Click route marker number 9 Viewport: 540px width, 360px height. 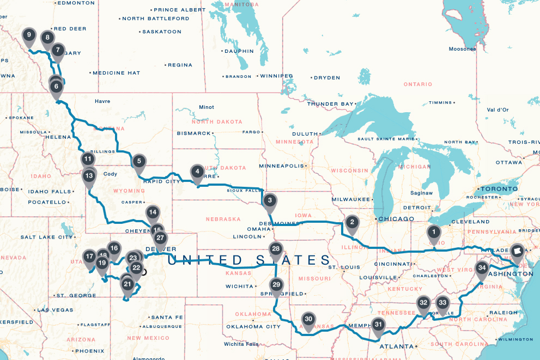pos(29,37)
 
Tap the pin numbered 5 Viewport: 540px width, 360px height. pos(139,161)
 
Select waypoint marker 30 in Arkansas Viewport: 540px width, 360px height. pos(308,320)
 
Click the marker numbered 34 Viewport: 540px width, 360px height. pos(481,269)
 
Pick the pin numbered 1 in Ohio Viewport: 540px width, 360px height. pos(434,233)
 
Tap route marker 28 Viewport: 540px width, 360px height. pos(276,249)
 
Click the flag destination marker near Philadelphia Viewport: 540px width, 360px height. pos(517,251)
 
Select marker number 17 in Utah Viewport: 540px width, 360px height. pos(90,257)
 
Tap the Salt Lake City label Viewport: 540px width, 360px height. pos(47,237)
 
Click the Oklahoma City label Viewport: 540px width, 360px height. pos(248,327)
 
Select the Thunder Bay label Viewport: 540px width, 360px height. pos(329,103)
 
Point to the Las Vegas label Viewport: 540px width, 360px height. pos(54,310)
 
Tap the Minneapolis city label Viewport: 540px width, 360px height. pos(281,166)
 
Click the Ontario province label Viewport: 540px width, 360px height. pos(418,84)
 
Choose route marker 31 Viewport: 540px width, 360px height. pos(379,325)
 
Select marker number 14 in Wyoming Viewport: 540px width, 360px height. pos(153,213)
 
